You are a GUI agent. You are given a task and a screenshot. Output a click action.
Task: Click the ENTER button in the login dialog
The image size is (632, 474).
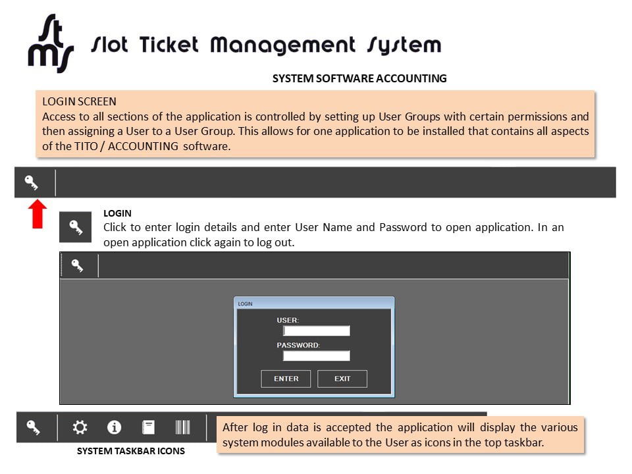click(286, 379)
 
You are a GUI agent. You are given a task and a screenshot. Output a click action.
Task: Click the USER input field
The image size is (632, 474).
click(317, 331)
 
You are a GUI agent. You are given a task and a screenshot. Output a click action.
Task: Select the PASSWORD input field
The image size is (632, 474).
click(317, 355)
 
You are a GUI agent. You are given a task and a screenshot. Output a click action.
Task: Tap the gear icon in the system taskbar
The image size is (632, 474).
click(80, 427)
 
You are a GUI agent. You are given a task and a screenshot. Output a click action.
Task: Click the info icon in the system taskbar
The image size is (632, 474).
click(114, 427)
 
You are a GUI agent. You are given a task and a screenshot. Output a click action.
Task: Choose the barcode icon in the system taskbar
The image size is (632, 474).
click(182, 427)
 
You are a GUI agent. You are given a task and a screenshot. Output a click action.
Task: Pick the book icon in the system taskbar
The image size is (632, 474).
click(148, 427)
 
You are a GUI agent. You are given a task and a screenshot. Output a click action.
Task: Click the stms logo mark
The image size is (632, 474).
click(51, 43)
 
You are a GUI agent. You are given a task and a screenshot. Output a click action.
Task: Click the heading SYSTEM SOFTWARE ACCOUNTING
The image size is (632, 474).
click(359, 78)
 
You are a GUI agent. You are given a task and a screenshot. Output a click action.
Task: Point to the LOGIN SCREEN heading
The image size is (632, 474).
click(80, 101)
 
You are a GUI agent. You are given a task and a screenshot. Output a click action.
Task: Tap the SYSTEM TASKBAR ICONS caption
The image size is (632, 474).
click(131, 451)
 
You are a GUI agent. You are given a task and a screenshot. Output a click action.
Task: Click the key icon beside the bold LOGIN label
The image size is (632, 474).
click(75, 227)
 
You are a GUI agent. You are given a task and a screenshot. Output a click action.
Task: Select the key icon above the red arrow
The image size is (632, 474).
click(31, 182)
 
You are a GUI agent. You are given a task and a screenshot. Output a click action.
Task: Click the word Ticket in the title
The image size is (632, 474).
click(169, 44)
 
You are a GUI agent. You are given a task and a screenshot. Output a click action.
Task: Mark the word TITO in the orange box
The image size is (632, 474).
click(84, 146)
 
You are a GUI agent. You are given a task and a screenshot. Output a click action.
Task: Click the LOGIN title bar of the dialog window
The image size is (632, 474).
click(314, 303)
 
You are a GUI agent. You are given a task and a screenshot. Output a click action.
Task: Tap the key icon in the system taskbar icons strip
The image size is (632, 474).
click(33, 427)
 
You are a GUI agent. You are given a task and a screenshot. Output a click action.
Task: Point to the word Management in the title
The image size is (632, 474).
click(282, 45)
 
